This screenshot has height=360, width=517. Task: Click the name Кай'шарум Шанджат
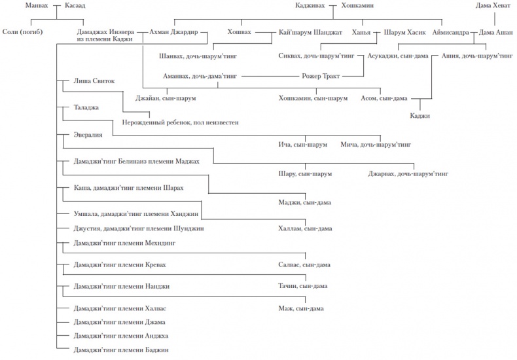pyautogui.click(x=307, y=31)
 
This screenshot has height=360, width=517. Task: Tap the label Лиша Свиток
pyautogui.click(x=95, y=81)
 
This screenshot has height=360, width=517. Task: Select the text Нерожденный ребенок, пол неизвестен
pyautogui.click(x=180, y=122)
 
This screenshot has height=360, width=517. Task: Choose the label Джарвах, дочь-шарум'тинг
pyautogui.click(x=408, y=174)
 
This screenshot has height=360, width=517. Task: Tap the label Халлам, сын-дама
pyautogui.click(x=305, y=228)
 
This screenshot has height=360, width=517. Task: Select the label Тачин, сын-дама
pyautogui.click(x=303, y=286)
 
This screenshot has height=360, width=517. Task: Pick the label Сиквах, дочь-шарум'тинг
pyautogui.click(x=317, y=56)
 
